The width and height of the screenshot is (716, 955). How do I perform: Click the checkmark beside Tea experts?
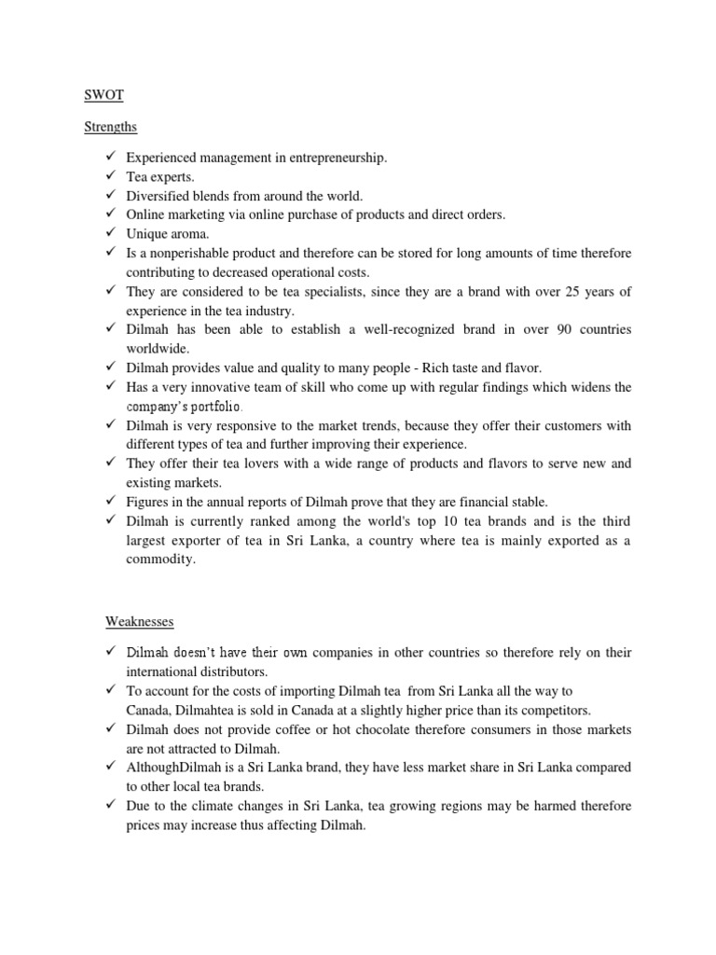pos(108,176)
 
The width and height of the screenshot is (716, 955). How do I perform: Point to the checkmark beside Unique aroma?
pos(108,232)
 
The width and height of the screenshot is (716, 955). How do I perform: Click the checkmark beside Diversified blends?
pos(108,195)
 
